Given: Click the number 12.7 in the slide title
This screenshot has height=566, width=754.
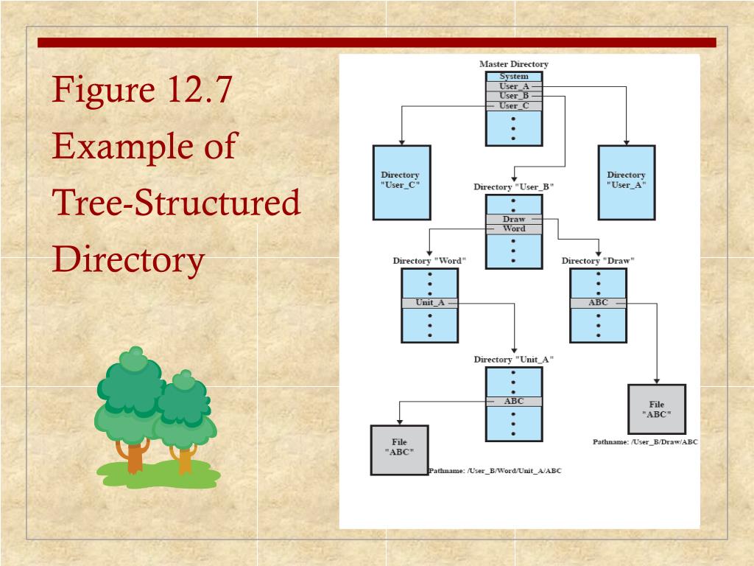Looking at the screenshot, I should tap(199, 91).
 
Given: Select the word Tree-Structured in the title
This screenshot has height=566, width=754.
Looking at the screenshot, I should tap(177, 203).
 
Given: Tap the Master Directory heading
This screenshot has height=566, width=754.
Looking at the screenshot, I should tap(514, 64).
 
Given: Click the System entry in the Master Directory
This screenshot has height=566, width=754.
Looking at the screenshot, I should tap(514, 77).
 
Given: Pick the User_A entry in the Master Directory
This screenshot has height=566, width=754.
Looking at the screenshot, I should tap(514, 86).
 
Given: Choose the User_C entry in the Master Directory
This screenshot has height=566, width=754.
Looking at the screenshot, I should tap(514, 105).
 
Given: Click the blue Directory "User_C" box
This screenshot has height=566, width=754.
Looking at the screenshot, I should tap(401, 182).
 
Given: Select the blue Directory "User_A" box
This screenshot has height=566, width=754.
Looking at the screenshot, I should tap(626, 182).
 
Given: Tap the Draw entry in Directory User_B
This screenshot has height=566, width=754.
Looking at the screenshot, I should tap(514, 220).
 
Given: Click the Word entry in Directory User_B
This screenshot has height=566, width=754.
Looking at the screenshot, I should tap(514, 229).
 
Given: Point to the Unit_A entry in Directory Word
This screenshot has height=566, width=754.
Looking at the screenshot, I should tap(430, 303).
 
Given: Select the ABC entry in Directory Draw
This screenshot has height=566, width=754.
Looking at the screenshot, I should tap(598, 303).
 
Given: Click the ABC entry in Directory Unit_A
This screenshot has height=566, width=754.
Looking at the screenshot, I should tap(514, 402).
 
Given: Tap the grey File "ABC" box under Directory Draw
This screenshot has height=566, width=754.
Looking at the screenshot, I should tap(657, 409).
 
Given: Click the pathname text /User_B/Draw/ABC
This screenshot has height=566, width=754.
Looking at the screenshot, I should tap(645, 442).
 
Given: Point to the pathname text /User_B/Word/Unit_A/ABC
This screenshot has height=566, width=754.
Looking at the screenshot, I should tap(495, 470).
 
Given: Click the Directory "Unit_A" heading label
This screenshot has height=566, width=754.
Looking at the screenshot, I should tap(513, 360).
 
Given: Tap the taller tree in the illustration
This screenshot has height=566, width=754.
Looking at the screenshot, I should tap(130, 405).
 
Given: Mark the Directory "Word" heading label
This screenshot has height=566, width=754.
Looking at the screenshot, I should tap(429, 261).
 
